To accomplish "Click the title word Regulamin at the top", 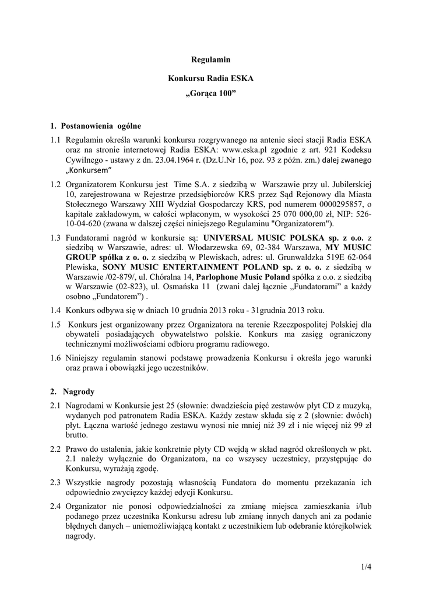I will click(211, 59).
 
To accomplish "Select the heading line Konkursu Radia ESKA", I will click(211, 78).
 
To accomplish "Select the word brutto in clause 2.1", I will click(77, 435).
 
